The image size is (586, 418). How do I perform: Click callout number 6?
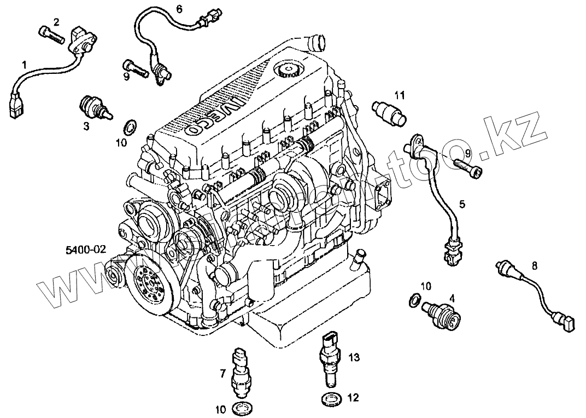tap(179, 9)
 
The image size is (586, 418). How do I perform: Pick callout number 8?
tap(534, 267)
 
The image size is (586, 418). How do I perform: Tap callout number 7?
tap(223, 374)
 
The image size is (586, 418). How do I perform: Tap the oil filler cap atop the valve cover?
tap(285, 70)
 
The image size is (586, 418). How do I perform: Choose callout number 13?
tap(354, 358)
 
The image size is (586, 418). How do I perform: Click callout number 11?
tap(400, 95)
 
